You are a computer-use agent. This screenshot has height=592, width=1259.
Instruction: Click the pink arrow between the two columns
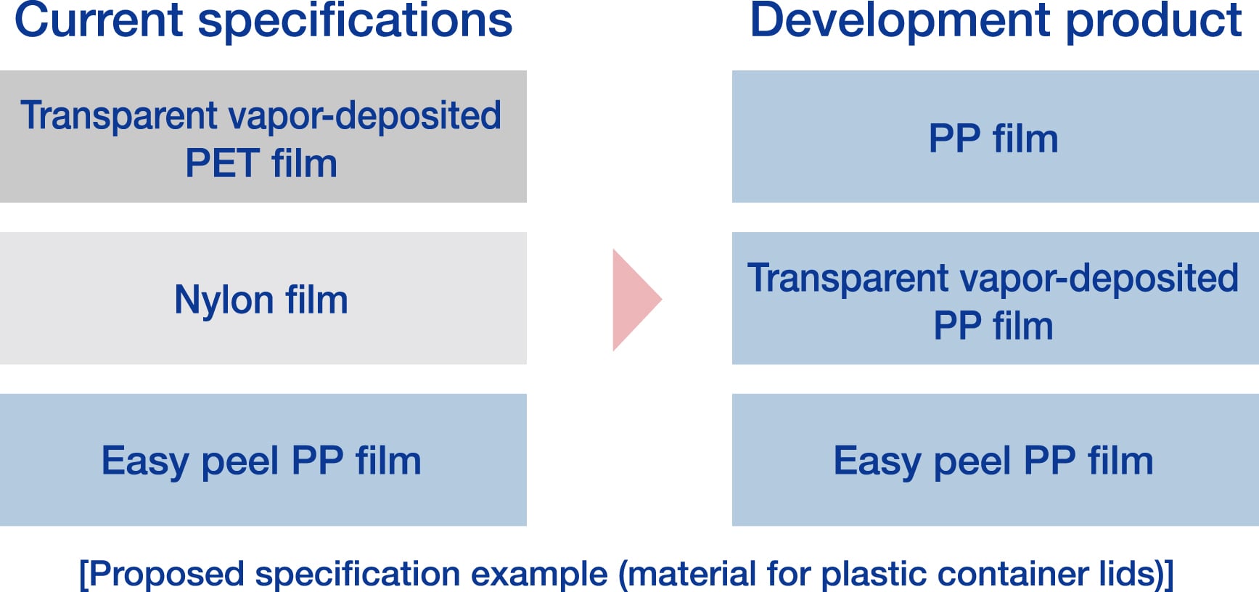(633, 299)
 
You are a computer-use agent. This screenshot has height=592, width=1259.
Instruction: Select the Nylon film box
(263, 298)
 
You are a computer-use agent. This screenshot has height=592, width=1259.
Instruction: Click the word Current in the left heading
(98, 20)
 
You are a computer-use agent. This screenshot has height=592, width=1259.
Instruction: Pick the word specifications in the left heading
(355, 20)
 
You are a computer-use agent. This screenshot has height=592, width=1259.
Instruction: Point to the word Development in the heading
(899, 20)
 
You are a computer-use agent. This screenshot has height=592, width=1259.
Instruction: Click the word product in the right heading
(1154, 20)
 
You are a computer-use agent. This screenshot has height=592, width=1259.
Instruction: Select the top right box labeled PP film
(995, 136)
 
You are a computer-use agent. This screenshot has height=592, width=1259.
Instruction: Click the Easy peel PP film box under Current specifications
(263, 460)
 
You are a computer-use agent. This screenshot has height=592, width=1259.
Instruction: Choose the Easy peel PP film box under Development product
(995, 460)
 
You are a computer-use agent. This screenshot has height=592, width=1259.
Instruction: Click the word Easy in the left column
(144, 461)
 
